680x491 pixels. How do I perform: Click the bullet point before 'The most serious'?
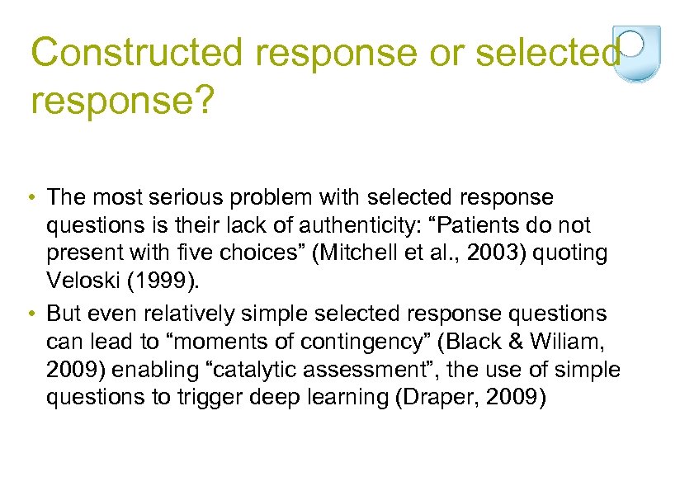click(x=30, y=199)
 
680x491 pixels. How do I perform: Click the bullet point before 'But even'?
click(x=30, y=314)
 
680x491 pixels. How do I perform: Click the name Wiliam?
click(x=573, y=342)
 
